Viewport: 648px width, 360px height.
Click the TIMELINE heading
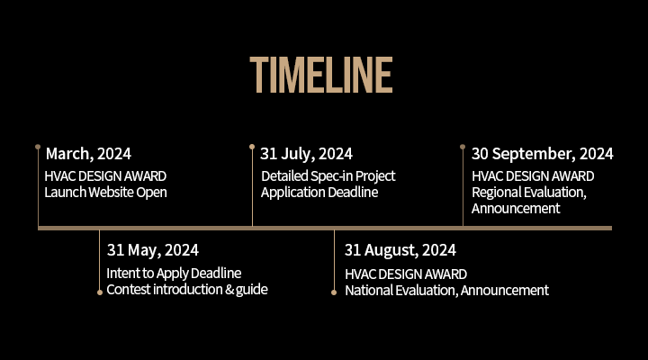321,75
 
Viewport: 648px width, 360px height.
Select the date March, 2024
88,154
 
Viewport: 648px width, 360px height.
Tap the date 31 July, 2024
306,154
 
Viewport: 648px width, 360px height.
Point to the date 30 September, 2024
542,154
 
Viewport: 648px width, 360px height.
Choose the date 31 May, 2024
153,250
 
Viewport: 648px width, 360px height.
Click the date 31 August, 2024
400,250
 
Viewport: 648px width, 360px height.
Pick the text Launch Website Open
106,193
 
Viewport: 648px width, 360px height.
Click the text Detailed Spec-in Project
328,176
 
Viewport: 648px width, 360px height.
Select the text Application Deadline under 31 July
319,193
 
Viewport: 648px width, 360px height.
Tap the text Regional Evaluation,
529,193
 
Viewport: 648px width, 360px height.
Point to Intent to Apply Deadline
174,274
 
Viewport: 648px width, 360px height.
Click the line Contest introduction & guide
187,289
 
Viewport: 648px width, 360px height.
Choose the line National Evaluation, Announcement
446,290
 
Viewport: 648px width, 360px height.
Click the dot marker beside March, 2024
38,147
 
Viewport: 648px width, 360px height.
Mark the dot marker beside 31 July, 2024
252,147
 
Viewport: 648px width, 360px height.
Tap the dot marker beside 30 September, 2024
463,147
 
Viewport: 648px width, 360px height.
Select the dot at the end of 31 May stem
100,292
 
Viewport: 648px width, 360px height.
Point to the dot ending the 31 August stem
334,292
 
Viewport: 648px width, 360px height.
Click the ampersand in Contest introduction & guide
229,289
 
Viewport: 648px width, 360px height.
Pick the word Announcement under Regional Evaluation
516,208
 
